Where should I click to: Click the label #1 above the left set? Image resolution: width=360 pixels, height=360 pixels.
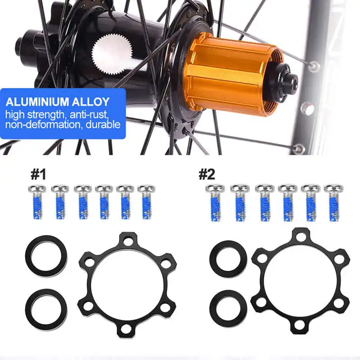click(38, 174)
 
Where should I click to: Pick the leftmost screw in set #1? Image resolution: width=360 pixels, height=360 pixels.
click(36, 202)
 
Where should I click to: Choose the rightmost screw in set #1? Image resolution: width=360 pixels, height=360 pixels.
click(145, 202)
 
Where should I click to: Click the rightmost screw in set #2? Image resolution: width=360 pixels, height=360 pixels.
click(333, 202)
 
